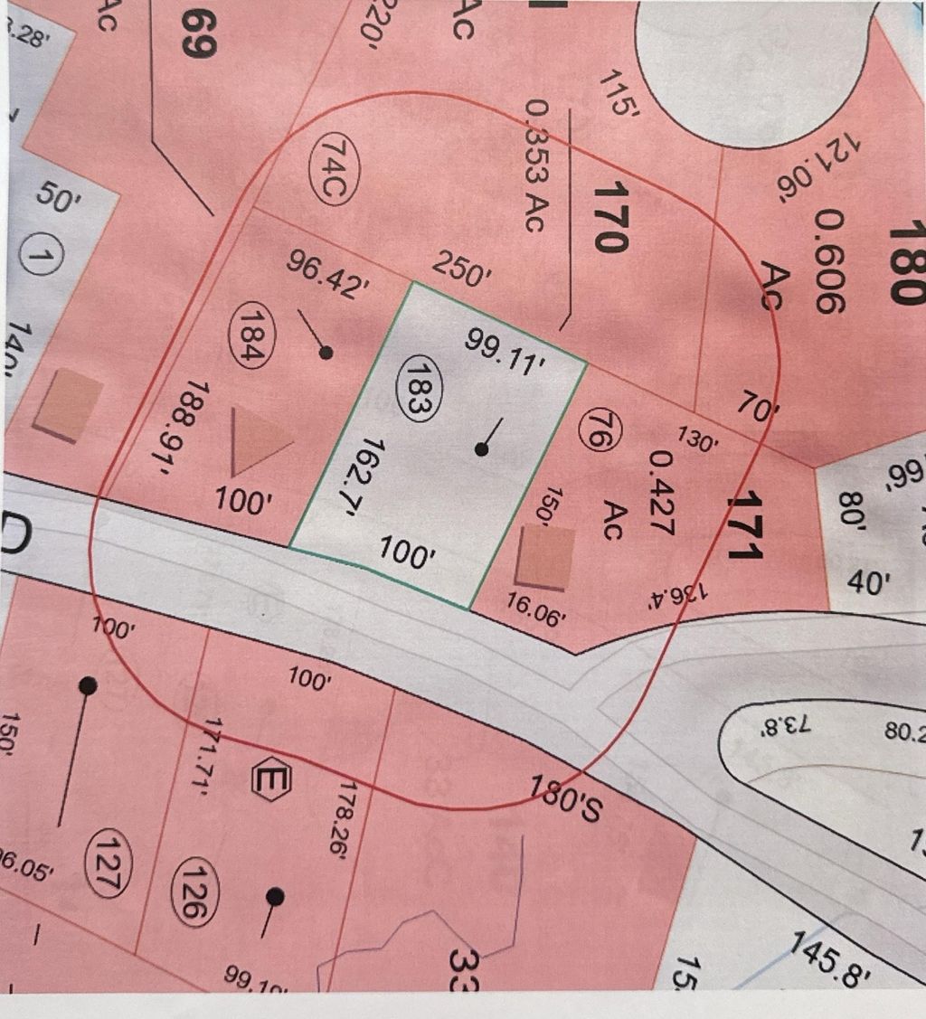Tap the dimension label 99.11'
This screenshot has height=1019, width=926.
[510, 350]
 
